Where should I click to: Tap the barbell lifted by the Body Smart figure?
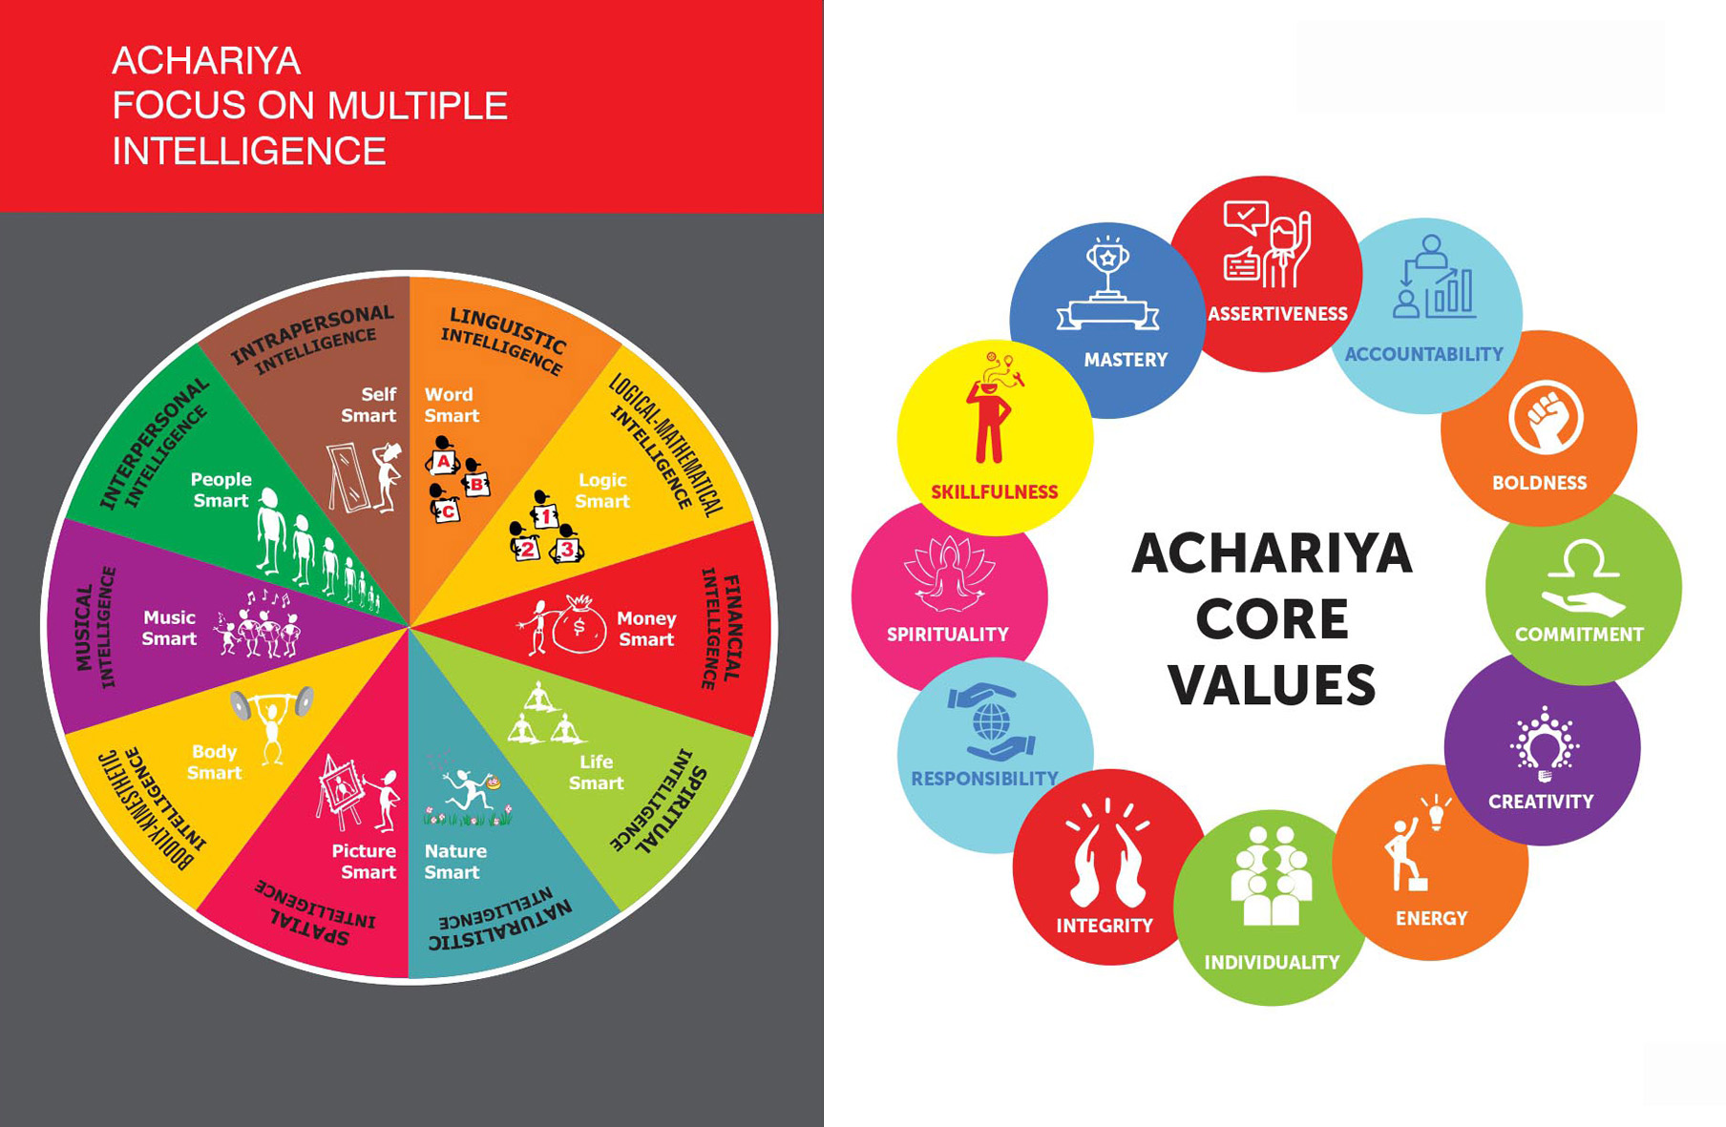272,702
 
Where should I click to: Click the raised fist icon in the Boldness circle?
1546,417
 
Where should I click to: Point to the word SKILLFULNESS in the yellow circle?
995,492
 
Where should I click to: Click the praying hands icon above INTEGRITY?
1107,855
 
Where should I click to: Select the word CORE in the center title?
1272,619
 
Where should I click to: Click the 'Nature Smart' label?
455,862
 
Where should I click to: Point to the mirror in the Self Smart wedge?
348,477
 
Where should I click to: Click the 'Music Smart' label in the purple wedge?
169,628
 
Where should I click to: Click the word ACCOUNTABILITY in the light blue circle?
1423,354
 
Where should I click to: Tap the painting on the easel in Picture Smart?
340,789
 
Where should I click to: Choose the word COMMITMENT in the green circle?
1579,635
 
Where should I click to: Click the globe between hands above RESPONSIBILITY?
992,717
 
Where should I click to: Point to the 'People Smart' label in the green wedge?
221,490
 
